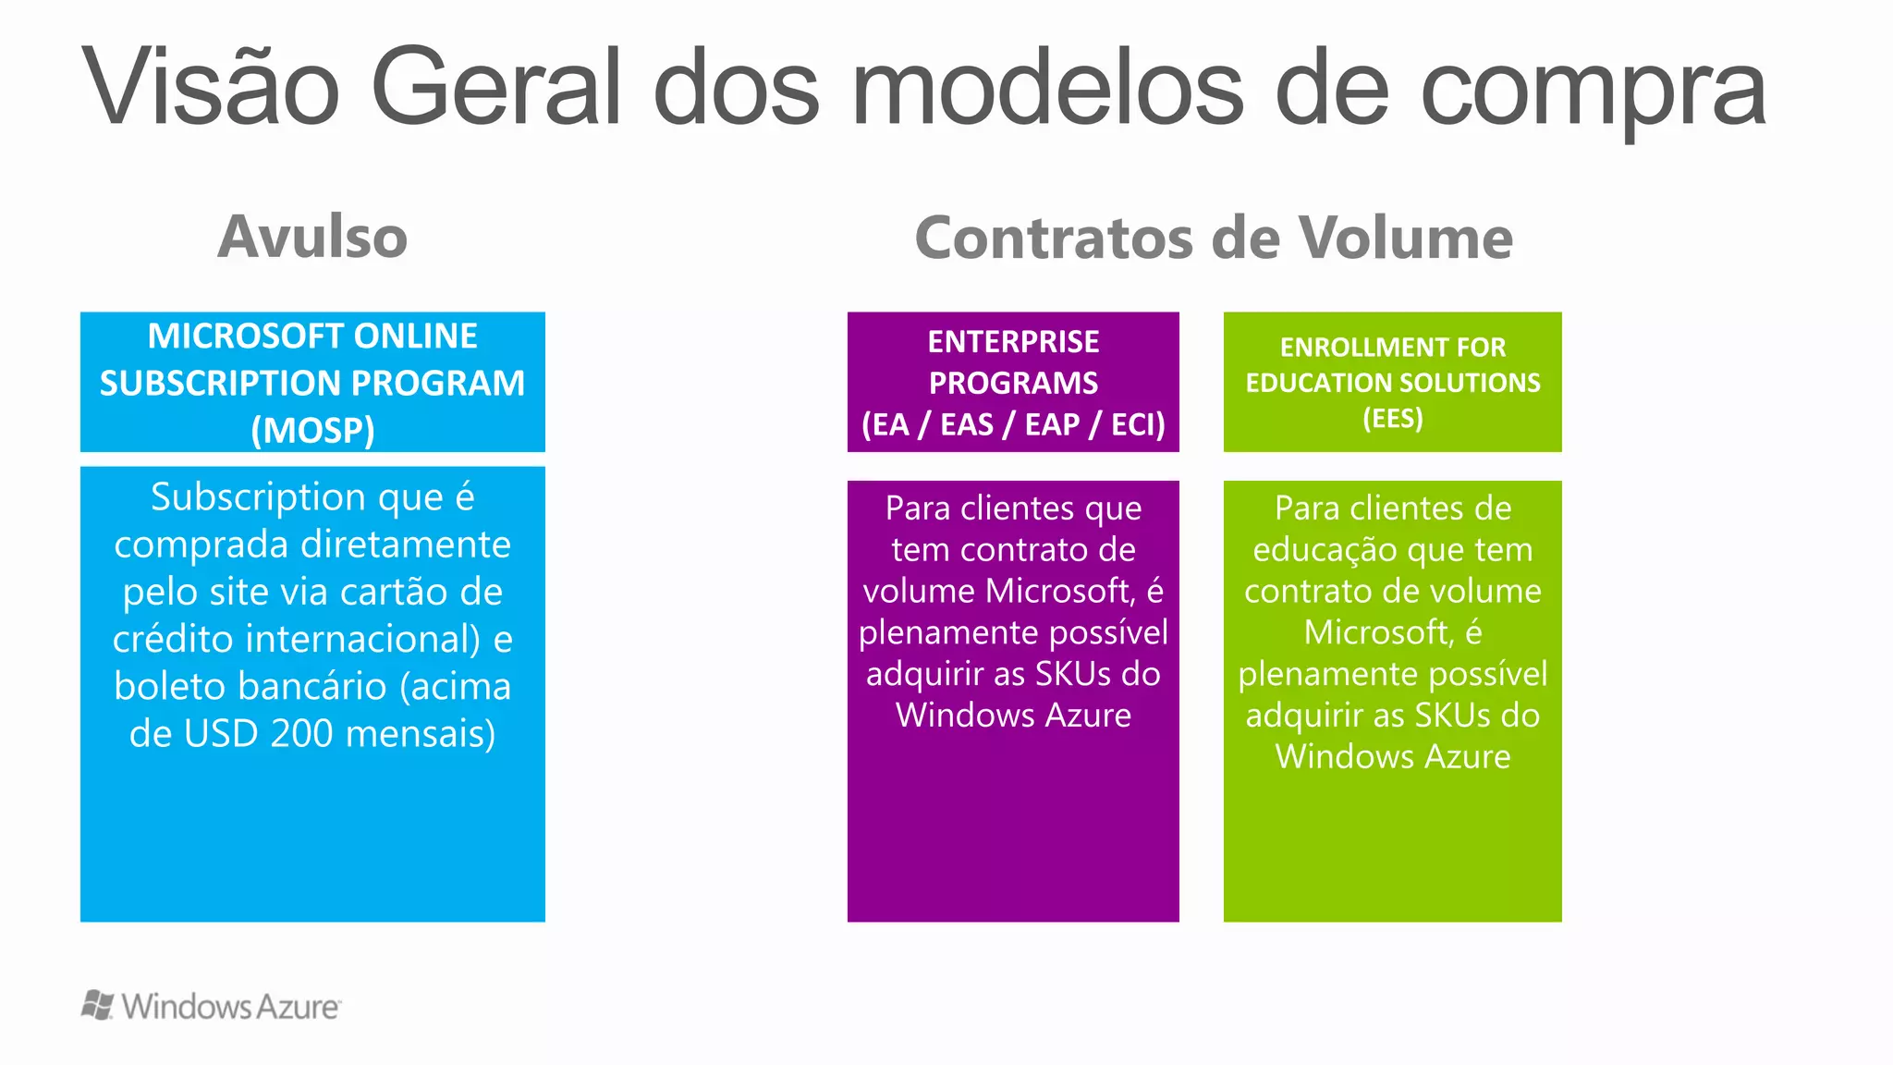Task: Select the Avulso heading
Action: [x=312, y=237]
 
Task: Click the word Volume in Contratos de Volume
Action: [x=1405, y=238]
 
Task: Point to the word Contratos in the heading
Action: [x=1054, y=238]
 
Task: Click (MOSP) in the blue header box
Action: [x=312, y=430]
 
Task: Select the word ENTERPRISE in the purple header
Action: [x=1013, y=342]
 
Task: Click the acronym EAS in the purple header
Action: [x=966, y=424]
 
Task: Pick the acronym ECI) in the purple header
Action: [x=1138, y=424]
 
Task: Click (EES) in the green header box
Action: [x=1392, y=419]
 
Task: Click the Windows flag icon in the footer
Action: [x=98, y=1005]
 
